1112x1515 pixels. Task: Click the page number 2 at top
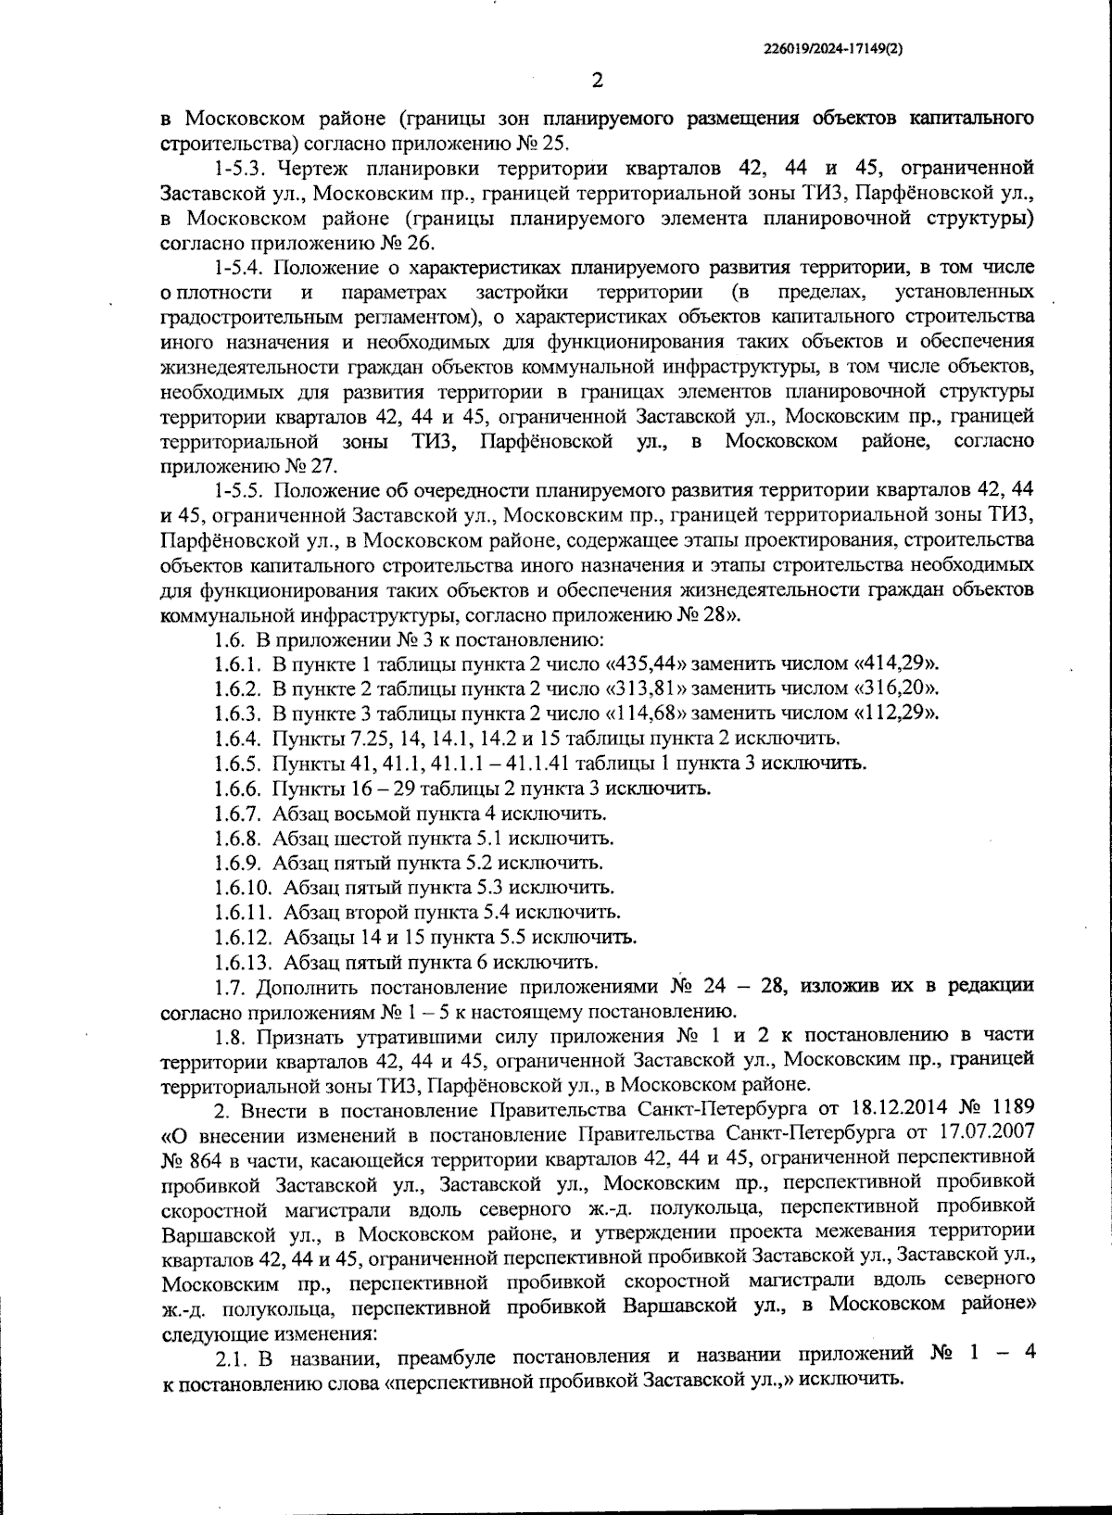597,81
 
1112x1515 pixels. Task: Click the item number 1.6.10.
243,888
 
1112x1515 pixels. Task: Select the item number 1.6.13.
243,962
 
